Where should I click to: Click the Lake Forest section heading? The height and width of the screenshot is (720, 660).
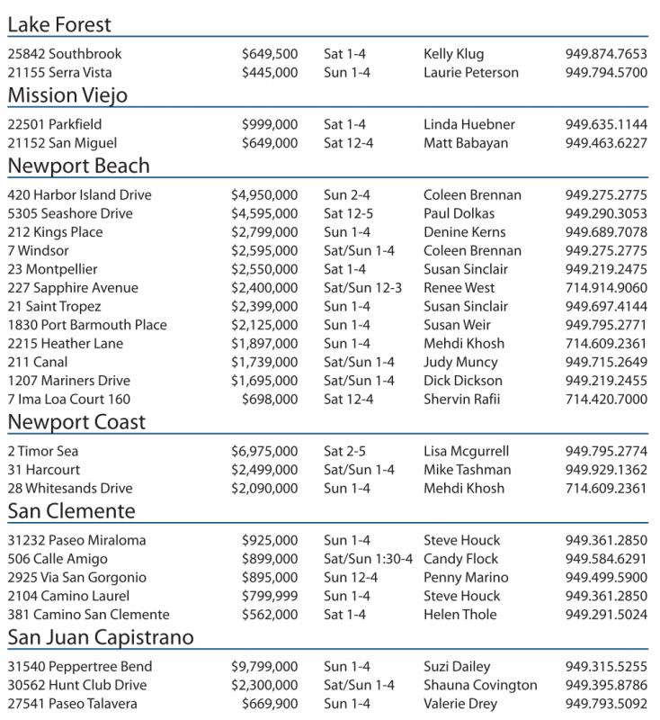click(x=59, y=24)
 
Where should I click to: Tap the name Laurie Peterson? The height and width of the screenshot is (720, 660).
click(x=470, y=73)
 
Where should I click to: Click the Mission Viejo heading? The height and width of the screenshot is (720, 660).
click(x=67, y=95)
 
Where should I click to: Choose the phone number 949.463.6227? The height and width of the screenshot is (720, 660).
click(x=606, y=143)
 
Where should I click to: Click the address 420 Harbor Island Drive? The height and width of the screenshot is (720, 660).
click(x=79, y=195)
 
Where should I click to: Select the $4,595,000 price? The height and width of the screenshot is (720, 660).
click(x=264, y=214)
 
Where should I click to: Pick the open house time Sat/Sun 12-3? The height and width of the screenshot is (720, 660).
click(x=362, y=288)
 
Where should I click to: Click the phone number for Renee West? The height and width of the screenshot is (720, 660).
click(x=606, y=288)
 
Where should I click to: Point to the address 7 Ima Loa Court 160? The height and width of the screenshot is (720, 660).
click(x=68, y=400)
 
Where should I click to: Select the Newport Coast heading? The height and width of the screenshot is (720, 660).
click(x=76, y=422)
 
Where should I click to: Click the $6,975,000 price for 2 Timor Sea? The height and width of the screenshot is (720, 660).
click(x=264, y=452)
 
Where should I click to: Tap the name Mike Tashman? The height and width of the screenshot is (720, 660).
click(x=467, y=470)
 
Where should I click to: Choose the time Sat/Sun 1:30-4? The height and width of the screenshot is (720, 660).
click(x=368, y=559)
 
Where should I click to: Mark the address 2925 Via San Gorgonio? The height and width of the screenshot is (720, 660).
click(x=76, y=578)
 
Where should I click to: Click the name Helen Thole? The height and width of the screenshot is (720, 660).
click(x=459, y=615)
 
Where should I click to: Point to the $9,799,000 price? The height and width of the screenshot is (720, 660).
click(x=264, y=667)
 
